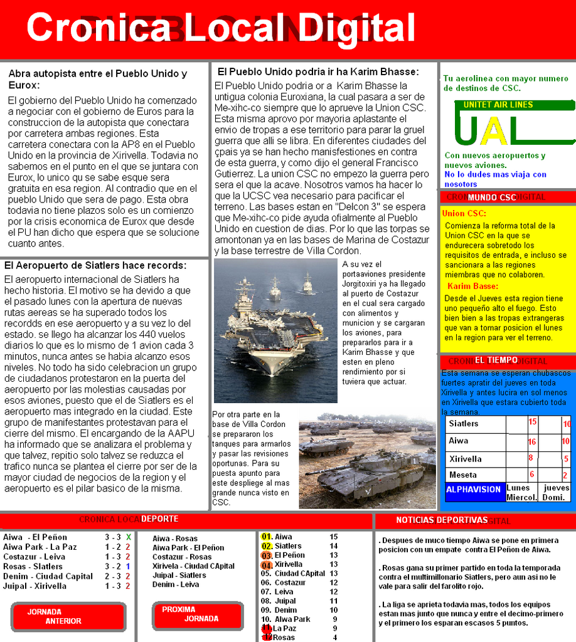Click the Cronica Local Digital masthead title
221,28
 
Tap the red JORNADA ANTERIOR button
68,616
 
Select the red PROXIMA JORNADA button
198,614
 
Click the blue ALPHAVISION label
474,490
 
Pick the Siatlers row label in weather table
464,424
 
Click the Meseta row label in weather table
463,475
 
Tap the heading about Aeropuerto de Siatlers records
95,265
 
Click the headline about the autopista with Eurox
97,79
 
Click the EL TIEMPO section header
496,360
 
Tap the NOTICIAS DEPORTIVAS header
442,520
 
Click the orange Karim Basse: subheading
472,286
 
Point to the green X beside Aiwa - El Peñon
128,537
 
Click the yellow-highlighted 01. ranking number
266,537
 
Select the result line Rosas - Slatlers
33,566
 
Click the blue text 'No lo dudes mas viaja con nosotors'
495,179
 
